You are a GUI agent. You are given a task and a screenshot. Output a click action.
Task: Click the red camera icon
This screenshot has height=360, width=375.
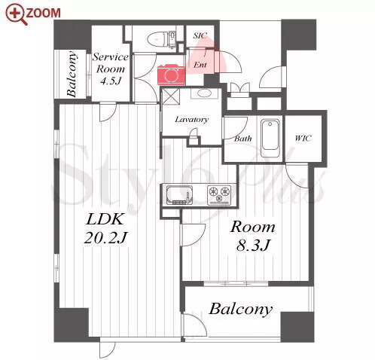[172, 74]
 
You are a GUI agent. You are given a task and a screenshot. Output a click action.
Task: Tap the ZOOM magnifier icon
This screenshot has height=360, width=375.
[17, 14]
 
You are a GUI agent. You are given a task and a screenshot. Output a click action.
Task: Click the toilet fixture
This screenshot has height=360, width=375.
[157, 39]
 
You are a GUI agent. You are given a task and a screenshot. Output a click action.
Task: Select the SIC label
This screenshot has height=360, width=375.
[200, 35]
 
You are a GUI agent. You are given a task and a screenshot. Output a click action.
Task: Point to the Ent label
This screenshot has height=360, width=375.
[200, 65]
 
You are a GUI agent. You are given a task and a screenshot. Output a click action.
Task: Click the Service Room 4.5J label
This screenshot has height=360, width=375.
[111, 69]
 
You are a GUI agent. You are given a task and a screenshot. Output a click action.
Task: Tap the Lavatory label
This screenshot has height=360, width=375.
[191, 119]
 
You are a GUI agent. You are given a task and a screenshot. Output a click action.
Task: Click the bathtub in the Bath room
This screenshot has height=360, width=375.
[270, 139]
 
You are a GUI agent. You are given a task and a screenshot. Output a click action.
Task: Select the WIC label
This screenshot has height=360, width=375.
[303, 138]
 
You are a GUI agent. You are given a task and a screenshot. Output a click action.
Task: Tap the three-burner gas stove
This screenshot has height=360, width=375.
[219, 194]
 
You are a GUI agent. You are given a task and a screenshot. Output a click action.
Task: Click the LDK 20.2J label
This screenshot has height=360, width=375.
[105, 228]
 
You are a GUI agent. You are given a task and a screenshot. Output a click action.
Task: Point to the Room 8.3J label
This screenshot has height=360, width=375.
[253, 236]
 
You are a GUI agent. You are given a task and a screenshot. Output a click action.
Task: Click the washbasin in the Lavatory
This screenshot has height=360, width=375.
[204, 93]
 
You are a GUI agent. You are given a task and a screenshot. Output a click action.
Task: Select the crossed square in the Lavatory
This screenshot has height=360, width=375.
[171, 96]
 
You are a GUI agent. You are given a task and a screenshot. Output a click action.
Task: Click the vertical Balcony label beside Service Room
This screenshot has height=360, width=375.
[72, 74]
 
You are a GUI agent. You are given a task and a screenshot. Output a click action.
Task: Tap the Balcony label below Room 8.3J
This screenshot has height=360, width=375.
[241, 309]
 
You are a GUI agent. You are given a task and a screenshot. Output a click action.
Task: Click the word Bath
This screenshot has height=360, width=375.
[242, 139]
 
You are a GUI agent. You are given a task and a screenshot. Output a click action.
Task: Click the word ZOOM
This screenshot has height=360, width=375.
[44, 14]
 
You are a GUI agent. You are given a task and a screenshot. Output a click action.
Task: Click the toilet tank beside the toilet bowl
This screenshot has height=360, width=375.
[172, 39]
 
